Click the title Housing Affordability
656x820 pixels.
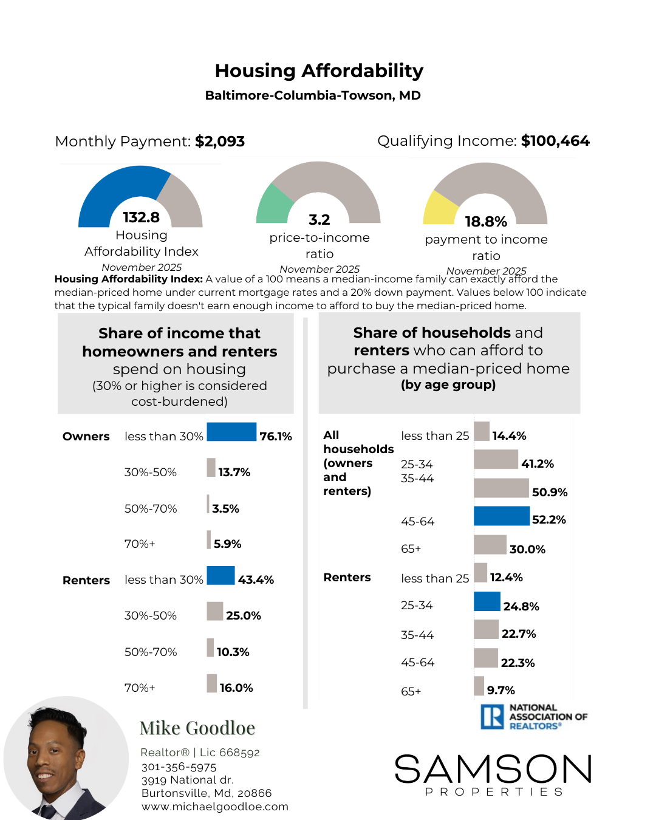pos(319,71)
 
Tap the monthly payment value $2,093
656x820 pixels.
pos(220,142)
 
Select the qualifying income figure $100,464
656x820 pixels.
pos(555,141)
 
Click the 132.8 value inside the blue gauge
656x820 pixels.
pos(141,217)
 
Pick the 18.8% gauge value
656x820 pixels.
pos(485,222)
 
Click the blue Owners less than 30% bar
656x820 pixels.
pos(231,432)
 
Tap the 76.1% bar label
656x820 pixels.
pos(276,437)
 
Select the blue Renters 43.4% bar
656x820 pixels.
pos(220,575)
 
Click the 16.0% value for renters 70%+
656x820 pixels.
pos(236,688)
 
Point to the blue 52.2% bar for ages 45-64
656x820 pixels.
pos(502,516)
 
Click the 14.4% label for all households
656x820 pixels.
pos(509,436)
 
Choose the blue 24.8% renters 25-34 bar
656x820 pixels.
pos(487,601)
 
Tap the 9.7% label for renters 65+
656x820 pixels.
pos(501,690)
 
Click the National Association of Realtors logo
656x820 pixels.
pos(533,717)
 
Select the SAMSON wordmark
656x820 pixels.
pos(493,769)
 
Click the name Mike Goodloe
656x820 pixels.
pos(197,728)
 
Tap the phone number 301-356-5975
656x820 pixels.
pos(179,767)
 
